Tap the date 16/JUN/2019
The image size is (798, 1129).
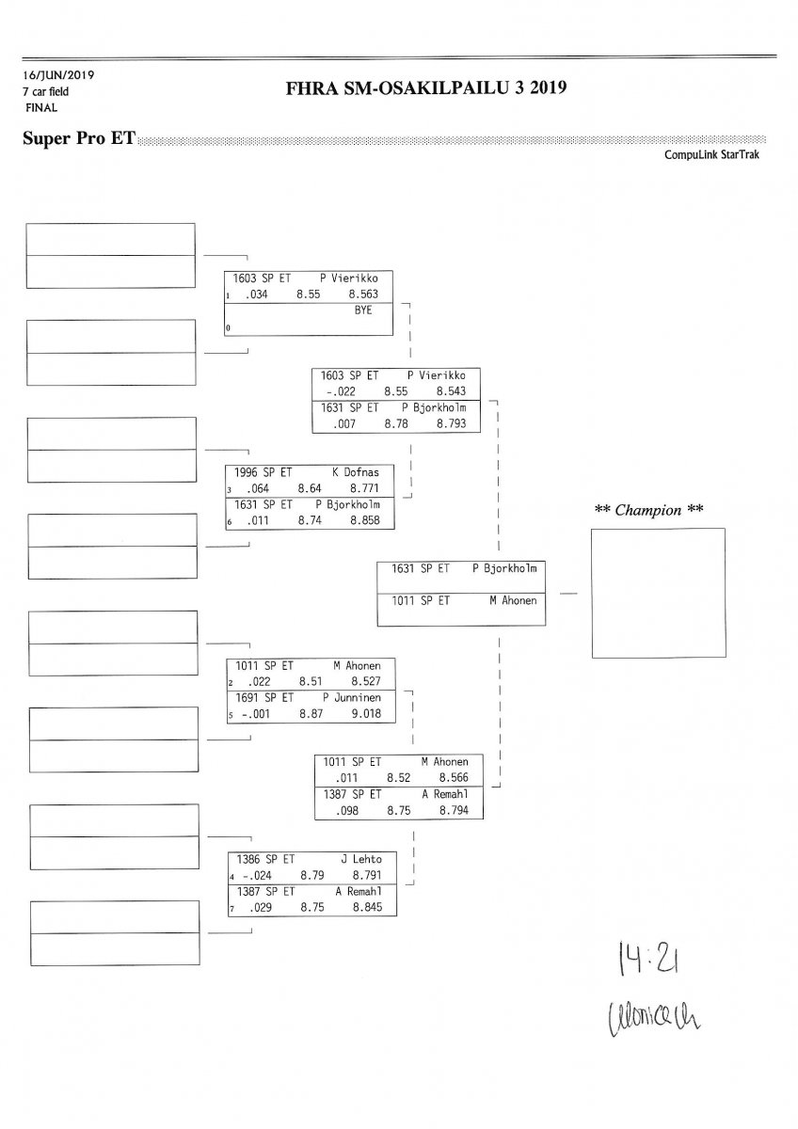click(58, 75)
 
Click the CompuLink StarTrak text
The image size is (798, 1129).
click(711, 155)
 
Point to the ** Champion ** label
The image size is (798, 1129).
click(649, 510)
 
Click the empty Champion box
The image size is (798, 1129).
click(658, 593)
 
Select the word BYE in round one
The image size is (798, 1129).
click(363, 309)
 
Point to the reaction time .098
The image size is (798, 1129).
click(348, 811)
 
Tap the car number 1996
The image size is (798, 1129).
click(247, 470)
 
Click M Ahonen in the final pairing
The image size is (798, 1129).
click(513, 600)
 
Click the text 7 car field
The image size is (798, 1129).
click(46, 91)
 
